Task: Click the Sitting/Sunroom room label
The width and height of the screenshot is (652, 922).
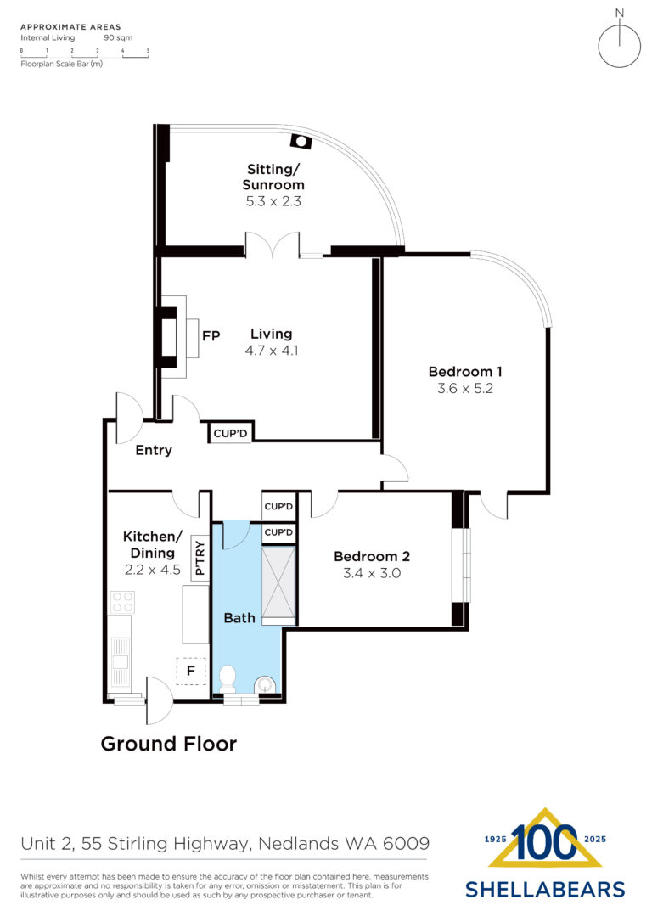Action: [x=273, y=177]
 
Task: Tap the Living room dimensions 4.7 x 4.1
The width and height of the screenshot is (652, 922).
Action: [x=272, y=351]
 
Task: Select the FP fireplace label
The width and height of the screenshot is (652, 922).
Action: [x=211, y=335]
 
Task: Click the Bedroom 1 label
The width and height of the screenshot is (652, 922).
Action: [x=465, y=372]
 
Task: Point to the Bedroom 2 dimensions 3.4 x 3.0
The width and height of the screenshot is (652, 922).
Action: [x=372, y=573]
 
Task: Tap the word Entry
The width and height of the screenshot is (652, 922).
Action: [x=154, y=451]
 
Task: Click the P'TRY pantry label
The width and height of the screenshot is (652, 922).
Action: [x=200, y=558]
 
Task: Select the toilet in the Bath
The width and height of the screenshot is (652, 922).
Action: [x=227, y=678]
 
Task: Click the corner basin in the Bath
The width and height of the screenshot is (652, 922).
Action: [x=266, y=685]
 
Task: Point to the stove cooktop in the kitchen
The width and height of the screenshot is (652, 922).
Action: [x=123, y=602]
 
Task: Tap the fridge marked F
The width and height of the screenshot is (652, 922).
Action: [x=191, y=671]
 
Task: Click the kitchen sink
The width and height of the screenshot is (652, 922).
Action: [x=121, y=661]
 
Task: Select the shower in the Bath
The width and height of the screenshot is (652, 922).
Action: [x=278, y=586]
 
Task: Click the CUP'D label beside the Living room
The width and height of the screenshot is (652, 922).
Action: [x=230, y=433]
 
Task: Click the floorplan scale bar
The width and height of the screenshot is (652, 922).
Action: [x=85, y=54]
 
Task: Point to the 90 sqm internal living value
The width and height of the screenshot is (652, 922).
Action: [x=118, y=37]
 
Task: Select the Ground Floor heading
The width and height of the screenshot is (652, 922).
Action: [x=169, y=744]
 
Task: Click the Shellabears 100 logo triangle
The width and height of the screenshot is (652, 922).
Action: [x=545, y=839]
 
